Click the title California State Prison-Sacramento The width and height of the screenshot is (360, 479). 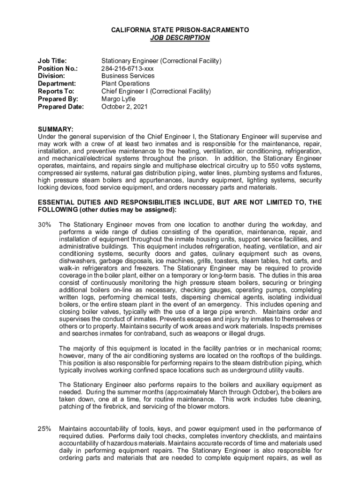[x=180, y=30]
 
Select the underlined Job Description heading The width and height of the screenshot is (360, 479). [x=180, y=37]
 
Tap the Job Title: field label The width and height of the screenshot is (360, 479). [x=52, y=61]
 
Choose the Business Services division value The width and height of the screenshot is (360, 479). [x=128, y=76]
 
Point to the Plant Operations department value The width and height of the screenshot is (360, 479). [x=125, y=84]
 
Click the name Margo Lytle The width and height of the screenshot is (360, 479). [x=118, y=99]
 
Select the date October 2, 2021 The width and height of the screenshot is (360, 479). [x=124, y=107]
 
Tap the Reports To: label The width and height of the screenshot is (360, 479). [x=56, y=91]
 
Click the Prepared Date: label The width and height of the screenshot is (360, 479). [x=61, y=107]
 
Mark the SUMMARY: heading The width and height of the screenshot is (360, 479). [x=55, y=129]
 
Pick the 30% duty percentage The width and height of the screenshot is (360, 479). [x=44, y=225]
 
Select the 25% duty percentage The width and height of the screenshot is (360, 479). [x=44, y=428]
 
